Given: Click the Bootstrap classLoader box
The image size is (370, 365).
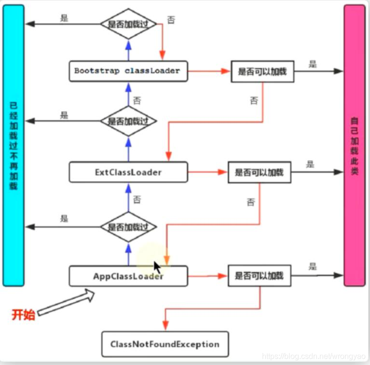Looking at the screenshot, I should pos(128,71).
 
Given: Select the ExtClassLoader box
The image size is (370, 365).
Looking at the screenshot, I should pos(128,172).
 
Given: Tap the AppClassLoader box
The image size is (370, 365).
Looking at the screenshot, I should pos(128,276).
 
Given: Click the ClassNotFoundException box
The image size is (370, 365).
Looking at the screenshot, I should pos(164,344).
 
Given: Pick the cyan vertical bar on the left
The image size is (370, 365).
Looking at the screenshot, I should pos(14,145).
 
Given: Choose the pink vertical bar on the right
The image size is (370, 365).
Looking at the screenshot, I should pos(355,145).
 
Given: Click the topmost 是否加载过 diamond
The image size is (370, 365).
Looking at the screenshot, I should pos(128,23).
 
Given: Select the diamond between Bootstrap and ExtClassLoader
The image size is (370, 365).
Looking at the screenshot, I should pos(128,121).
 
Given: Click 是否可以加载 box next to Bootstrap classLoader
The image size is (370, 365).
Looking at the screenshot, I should pos(262,71).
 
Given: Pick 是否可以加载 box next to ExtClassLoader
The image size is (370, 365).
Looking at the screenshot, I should pos(260,172).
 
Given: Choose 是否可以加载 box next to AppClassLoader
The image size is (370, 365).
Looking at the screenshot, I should pos(260,276).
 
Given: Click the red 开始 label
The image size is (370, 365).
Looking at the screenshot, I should pos(23,315).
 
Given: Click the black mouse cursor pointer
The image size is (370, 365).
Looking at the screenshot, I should pos(157,267).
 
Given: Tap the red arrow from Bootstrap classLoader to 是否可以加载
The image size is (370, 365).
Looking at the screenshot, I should pos(207,71).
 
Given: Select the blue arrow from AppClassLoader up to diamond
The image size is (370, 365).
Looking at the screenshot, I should pos(128,253).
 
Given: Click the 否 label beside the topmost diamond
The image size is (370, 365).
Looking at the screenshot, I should pos(171,20).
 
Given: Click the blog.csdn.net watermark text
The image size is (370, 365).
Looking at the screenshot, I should pos(314,356).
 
